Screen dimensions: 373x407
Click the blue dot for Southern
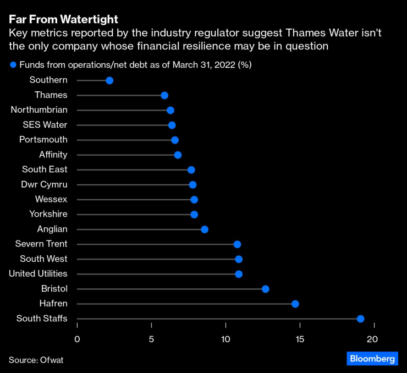click(x=109, y=81)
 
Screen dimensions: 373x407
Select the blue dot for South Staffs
click(x=360, y=319)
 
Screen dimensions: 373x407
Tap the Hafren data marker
click(x=295, y=304)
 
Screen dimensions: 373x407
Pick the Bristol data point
click(x=265, y=289)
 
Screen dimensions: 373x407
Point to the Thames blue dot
click(x=164, y=96)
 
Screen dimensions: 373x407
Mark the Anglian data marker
click(x=204, y=229)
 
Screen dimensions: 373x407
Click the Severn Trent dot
click(x=237, y=244)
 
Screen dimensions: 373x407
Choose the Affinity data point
click(x=178, y=155)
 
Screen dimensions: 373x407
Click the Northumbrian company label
click(x=39, y=110)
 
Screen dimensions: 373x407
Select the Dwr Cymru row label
click(x=44, y=184)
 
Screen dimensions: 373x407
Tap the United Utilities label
click(x=38, y=273)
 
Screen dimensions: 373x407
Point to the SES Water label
click(x=45, y=125)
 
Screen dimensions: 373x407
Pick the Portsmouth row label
click(x=43, y=140)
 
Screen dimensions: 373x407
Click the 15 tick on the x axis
click(x=299, y=339)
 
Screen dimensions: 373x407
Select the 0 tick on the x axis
click(x=77, y=339)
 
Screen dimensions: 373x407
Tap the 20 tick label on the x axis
click(x=373, y=339)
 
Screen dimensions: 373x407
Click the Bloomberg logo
click(x=372, y=359)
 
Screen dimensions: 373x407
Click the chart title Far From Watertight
click(x=63, y=20)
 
